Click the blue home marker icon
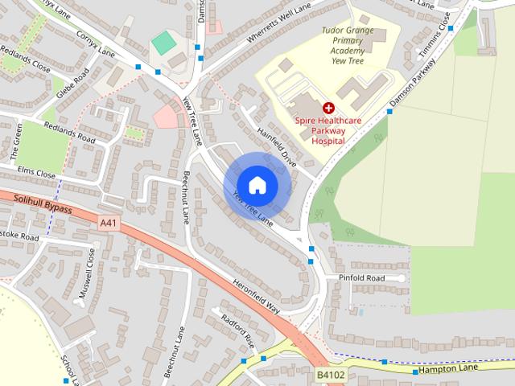coord(257,185)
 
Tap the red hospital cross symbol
coord(328,108)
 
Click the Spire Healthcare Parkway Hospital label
coord(328,130)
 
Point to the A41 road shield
coord(109,223)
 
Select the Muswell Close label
coord(86,274)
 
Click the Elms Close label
coord(37,174)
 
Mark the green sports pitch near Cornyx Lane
coord(163,42)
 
